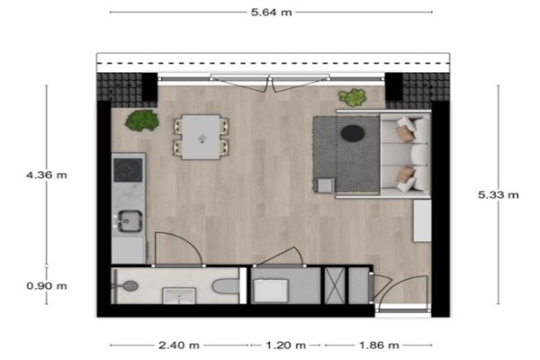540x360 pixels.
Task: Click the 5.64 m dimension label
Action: (272, 13)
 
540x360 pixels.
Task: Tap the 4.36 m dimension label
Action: (47, 175)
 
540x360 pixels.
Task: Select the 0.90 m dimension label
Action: (47, 286)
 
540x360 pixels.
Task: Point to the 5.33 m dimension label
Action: (498, 195)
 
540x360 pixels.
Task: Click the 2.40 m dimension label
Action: (179, 346)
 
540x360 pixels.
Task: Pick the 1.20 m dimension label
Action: (285, 346)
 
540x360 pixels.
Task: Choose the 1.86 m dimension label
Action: (379, 346)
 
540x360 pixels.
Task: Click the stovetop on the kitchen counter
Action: (128, 170)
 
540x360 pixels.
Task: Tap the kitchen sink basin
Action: (130, 220)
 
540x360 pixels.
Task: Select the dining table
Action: (201, 137)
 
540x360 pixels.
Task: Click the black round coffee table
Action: (353, 133)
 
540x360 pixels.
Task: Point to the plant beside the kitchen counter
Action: (142, 121)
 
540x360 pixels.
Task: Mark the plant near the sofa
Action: (352, 97)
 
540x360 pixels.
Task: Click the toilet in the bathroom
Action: (226, 286)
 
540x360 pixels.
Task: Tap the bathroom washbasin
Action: (179, 296)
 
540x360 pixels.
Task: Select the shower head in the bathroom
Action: (130, 286)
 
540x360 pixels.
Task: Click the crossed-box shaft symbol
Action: (335, 286)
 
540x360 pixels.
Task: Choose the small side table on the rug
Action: (326, 185)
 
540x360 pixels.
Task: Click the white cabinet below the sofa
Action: (422, 220)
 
